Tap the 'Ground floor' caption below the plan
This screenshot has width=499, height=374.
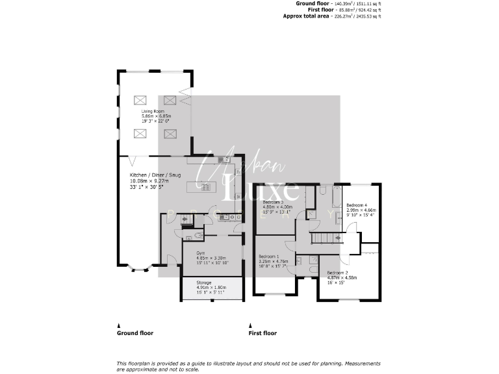tap(135, 333)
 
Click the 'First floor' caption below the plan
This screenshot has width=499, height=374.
tap(262, 333)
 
